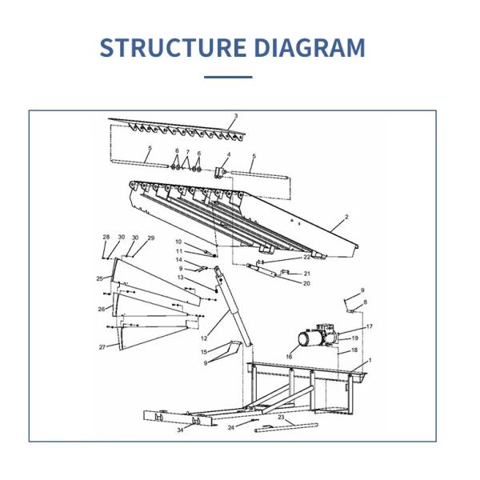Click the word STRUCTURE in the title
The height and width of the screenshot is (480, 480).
click(x=173, y=47)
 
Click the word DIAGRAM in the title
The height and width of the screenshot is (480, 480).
click(x=310, y=47)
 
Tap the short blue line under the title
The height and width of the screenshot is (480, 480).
click(x=228, y=77)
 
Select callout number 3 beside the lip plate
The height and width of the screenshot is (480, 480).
click(x=236, y=116)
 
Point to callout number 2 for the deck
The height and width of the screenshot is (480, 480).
click(x=346, y=217)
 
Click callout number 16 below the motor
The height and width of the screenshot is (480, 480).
click(x=289, y=356)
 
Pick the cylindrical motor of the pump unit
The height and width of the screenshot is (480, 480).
click(x=310, y=339)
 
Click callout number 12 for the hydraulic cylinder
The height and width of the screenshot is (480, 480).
click(x=204, y=338)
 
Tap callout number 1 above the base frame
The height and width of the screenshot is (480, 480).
click(x=370, y=360)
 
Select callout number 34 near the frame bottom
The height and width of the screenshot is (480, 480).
click(x=180, y=430)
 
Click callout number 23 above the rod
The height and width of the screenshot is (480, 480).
click(x=281, y=418)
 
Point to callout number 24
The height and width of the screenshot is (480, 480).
click(x=231, y=428)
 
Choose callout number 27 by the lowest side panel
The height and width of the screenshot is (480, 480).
click(x=102, y=347)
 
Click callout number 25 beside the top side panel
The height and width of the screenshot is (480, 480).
click(x=99, y=278)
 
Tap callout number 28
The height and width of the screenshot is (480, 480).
click(x=106, y=237)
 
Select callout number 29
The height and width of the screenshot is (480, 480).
click(x=151, y=238)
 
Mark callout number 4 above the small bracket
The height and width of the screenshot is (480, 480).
click(x=228, y=155)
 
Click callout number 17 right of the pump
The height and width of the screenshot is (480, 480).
click(x=370, y=326)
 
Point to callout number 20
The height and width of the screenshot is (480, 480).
click(x=306, y=283)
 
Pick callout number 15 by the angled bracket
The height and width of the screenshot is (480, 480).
click(x=204, y=352)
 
